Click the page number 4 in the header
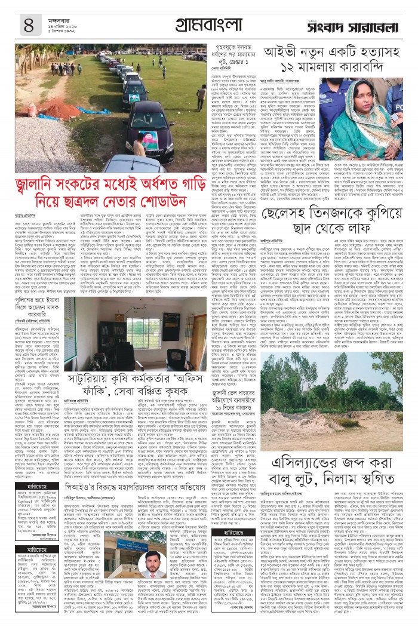click(x=28, y=24)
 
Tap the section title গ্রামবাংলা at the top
click(x=208, y=24)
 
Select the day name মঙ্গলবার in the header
click(x=59, y=16)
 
